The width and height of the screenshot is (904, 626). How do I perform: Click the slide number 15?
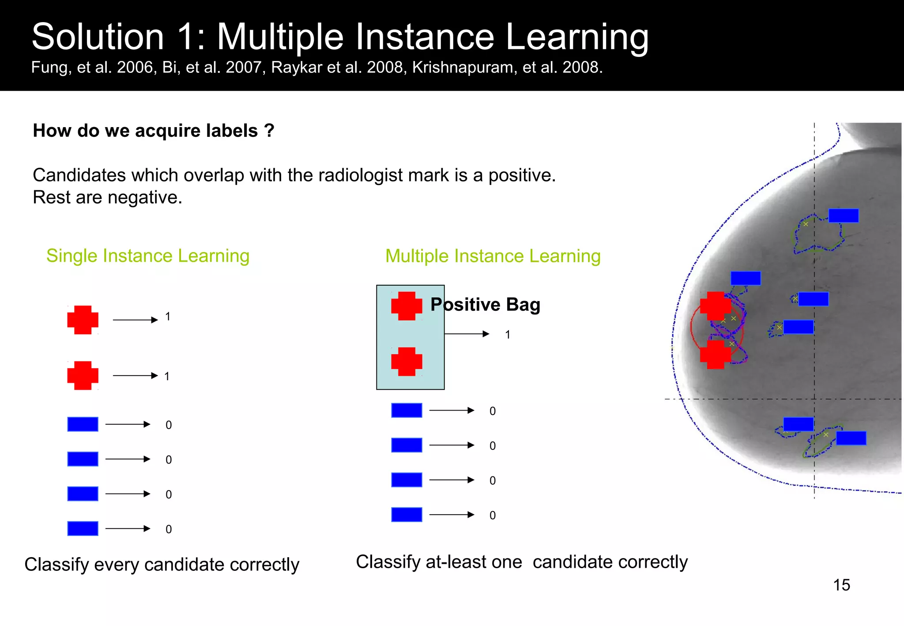841,585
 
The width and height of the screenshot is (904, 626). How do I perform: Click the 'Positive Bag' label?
485,305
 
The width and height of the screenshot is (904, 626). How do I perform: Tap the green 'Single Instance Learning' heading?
148,256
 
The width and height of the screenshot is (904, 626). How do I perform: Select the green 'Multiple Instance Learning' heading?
493,256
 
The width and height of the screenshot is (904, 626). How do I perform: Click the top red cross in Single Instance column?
83,320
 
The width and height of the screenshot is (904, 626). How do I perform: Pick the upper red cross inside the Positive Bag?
407,305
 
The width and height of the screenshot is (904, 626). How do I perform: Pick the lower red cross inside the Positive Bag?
407,362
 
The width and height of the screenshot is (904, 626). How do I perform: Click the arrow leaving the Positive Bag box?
467,334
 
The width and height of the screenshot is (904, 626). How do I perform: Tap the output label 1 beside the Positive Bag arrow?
508,335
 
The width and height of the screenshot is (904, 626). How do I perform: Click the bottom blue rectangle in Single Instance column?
83,528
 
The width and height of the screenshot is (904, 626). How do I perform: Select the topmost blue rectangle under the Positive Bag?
407,410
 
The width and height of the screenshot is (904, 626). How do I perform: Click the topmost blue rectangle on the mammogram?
843,215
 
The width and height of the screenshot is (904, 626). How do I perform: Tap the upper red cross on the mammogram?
716,306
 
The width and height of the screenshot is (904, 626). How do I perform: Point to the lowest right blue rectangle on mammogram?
851,438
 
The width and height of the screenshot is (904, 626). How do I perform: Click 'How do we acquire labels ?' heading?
154,131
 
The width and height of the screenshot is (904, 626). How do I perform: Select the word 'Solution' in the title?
98,37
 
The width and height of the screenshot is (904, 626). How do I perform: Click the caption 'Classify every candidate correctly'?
162,565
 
